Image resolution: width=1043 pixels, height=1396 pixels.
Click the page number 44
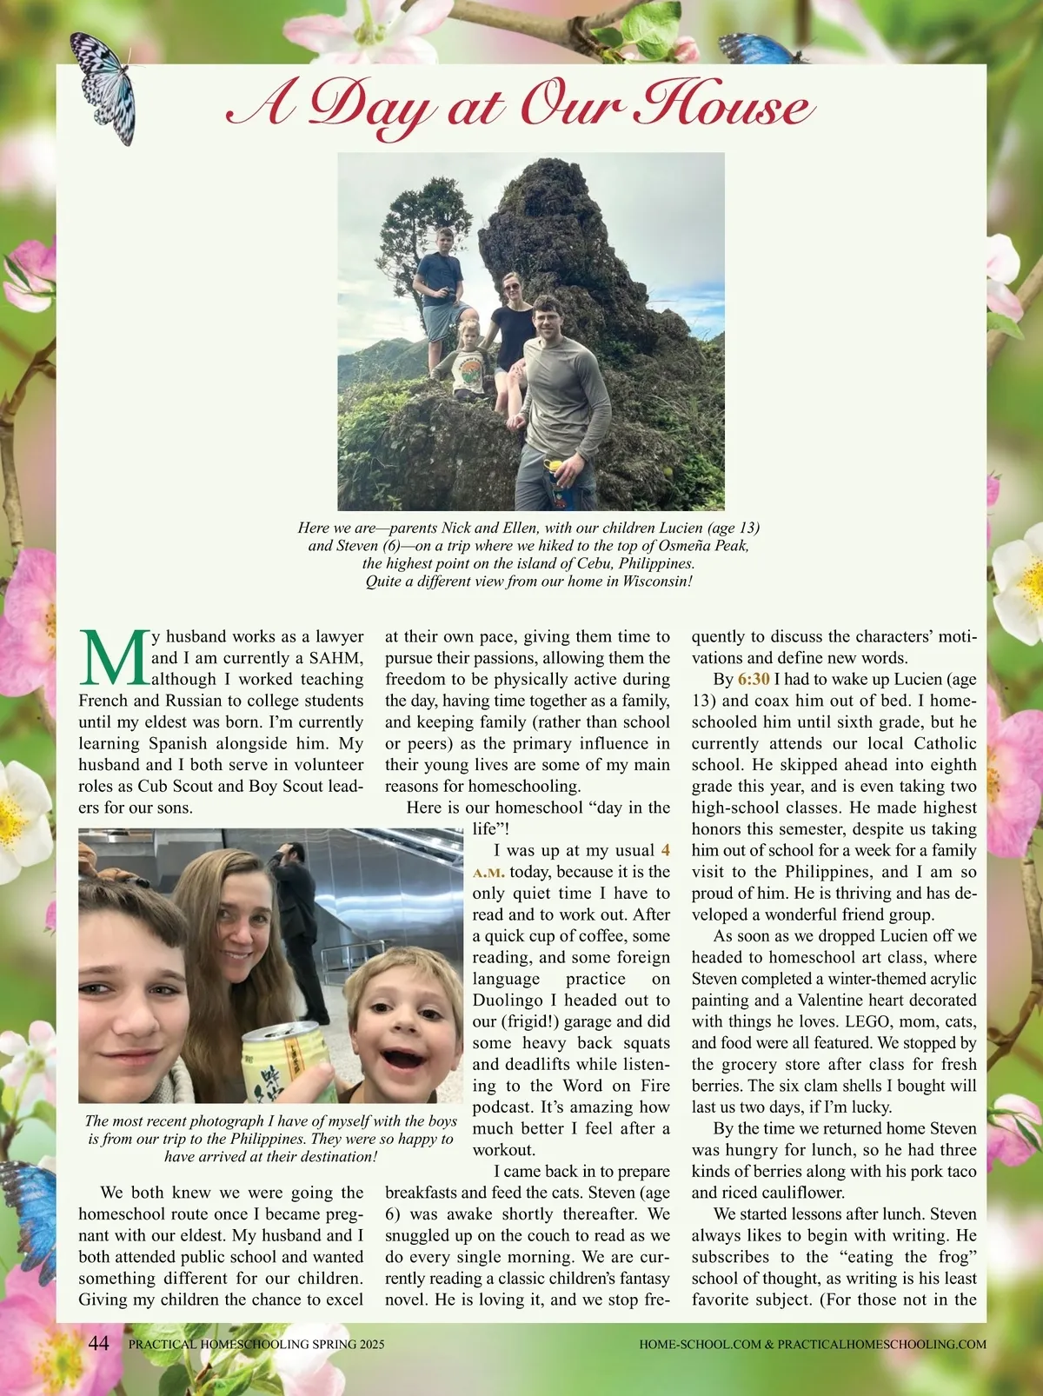(x=99, y=1343)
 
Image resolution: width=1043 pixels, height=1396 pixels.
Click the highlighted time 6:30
(x=754, y=680)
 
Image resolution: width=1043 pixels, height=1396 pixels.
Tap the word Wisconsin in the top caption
(x=648, y=582)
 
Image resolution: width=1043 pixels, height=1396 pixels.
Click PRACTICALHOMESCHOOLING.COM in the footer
(x=881, y=1344)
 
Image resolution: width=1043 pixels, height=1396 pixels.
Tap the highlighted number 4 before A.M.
(x=666, y=850)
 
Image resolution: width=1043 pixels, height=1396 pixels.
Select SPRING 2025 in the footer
(x=348, y=1344)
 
